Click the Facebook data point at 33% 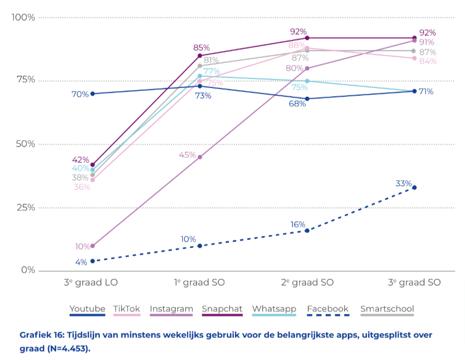[x=414, y=188]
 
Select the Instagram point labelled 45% [x=199, y=157]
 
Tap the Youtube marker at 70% [x=92, y=94]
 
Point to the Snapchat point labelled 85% [x=199, y=56]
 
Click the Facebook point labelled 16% [x=307, y=231]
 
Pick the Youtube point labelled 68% [x=307, y=99]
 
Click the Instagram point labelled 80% [x=307, y=68]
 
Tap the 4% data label [x=81, y=262]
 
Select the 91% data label [x=427, y=42]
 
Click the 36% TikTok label [x=82, y=187]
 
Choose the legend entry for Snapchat [x=222, y=310]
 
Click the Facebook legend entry [x=328, y=310]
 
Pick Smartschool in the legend [x=387, y=310]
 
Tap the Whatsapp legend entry [x=274, y=310]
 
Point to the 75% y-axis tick [x=26, y=80]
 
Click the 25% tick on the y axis [x=26, y=207]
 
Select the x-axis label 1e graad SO [x=199, y=282]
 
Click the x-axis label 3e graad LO [x=91, y=282]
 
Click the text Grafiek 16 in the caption [x=42, y=335]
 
